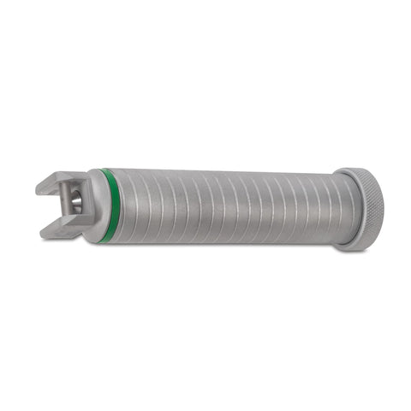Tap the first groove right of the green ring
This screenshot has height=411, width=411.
click(120, 206)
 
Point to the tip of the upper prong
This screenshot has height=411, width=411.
click(40, 185)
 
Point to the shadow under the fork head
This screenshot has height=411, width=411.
click(68, 239)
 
